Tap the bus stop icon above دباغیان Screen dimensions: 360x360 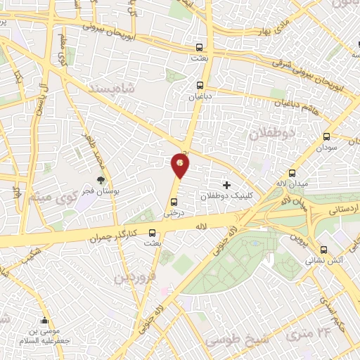click(x=200, y=87)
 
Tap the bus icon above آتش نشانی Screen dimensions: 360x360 click(x=323, y=249)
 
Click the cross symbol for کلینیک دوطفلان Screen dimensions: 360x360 click(x=226, y=184)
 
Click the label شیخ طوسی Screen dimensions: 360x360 click(x=232, y=340)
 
